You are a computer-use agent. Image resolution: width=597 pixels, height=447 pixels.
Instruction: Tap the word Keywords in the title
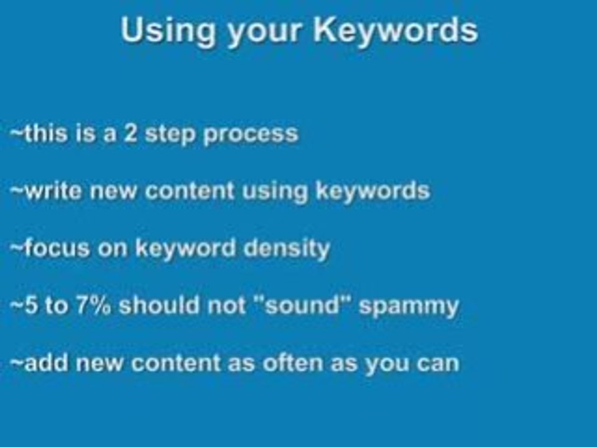pyautogui.click(x=396, y=31)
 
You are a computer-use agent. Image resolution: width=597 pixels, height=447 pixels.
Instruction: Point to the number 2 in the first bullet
pyautogui.click(x=130, y=133)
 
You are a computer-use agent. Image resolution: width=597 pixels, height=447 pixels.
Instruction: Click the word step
pyautogui.click(x=170, y=134)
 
